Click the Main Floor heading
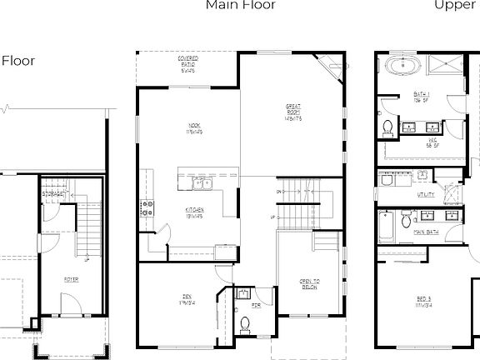pos(241,5)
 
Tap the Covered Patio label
pos(187,62)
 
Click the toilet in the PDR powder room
pos(245,322)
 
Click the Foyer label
pos(70,279)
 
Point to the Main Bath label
pos(427,232)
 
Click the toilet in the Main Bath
pos(404,220)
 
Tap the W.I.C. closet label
pos(433,142)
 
